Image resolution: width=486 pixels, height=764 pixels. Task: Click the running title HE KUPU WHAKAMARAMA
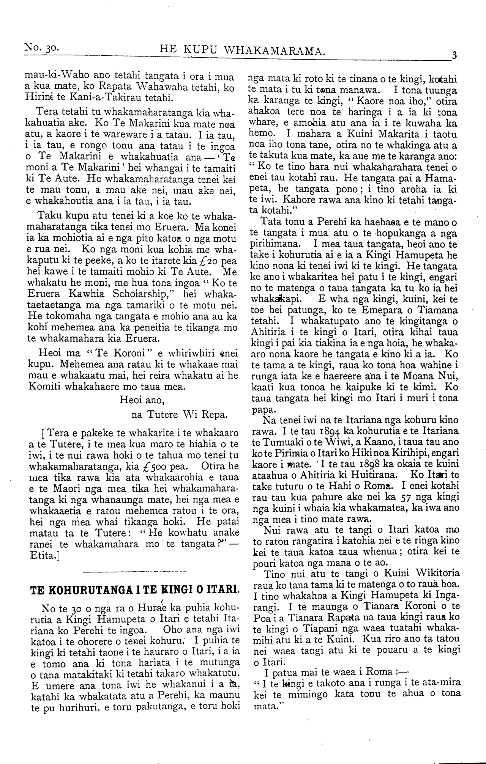point(242,49)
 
